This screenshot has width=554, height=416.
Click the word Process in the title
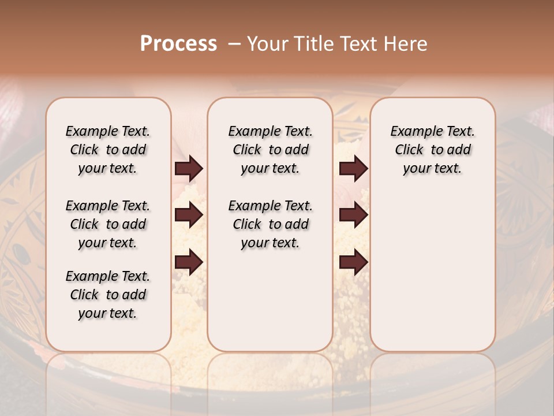pyautogui.click(x=178, y=44)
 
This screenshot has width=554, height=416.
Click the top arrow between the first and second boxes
pyautogui.click(x=189, y=169)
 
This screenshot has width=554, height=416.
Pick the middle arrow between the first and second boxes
pyautogui.click(x=189, y=215)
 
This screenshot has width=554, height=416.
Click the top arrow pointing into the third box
pyautogui.click(x=353, y=169)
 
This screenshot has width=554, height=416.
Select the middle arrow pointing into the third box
pyautogui.click(x=353, y=215)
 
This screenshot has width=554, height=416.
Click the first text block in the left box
pyautogui.click(x=108, y=150)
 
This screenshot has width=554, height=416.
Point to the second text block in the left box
pyautogui.click(x=108, y=224)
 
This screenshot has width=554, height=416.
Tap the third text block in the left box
pyautogui.click(x=108, y=295)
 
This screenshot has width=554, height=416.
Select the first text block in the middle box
pyautogui.click(x=270, y=150)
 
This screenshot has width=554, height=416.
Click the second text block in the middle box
pyautogui.click(x=270, y=224)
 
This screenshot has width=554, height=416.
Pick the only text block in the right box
pyautogui.click(x=432, y=150)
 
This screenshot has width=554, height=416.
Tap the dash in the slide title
pyautogui.click(x=234, y=44)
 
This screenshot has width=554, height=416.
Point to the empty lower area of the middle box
pyautogui.click(x=270, y=300)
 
